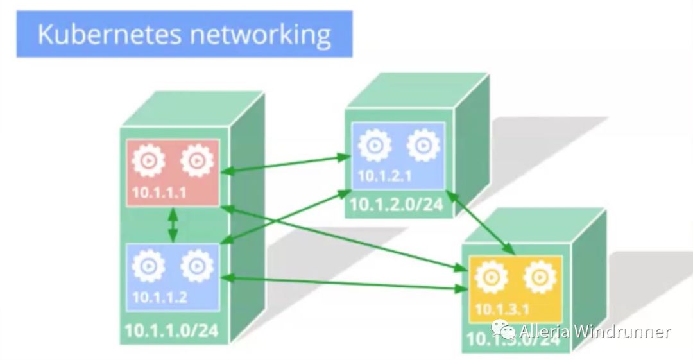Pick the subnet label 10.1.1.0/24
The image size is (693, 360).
[x=171, y=330]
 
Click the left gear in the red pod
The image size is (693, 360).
[x=148, y=162]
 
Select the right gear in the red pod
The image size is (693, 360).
[x=197, y=161]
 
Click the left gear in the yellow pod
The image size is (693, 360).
[x=491, y=277]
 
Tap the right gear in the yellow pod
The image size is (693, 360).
[x=540, y=277]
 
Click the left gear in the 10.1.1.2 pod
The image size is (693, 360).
[x=148, y=266]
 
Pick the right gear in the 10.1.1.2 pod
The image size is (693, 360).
[x=197, y=266]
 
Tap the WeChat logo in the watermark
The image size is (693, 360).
[x=504, y=330]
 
